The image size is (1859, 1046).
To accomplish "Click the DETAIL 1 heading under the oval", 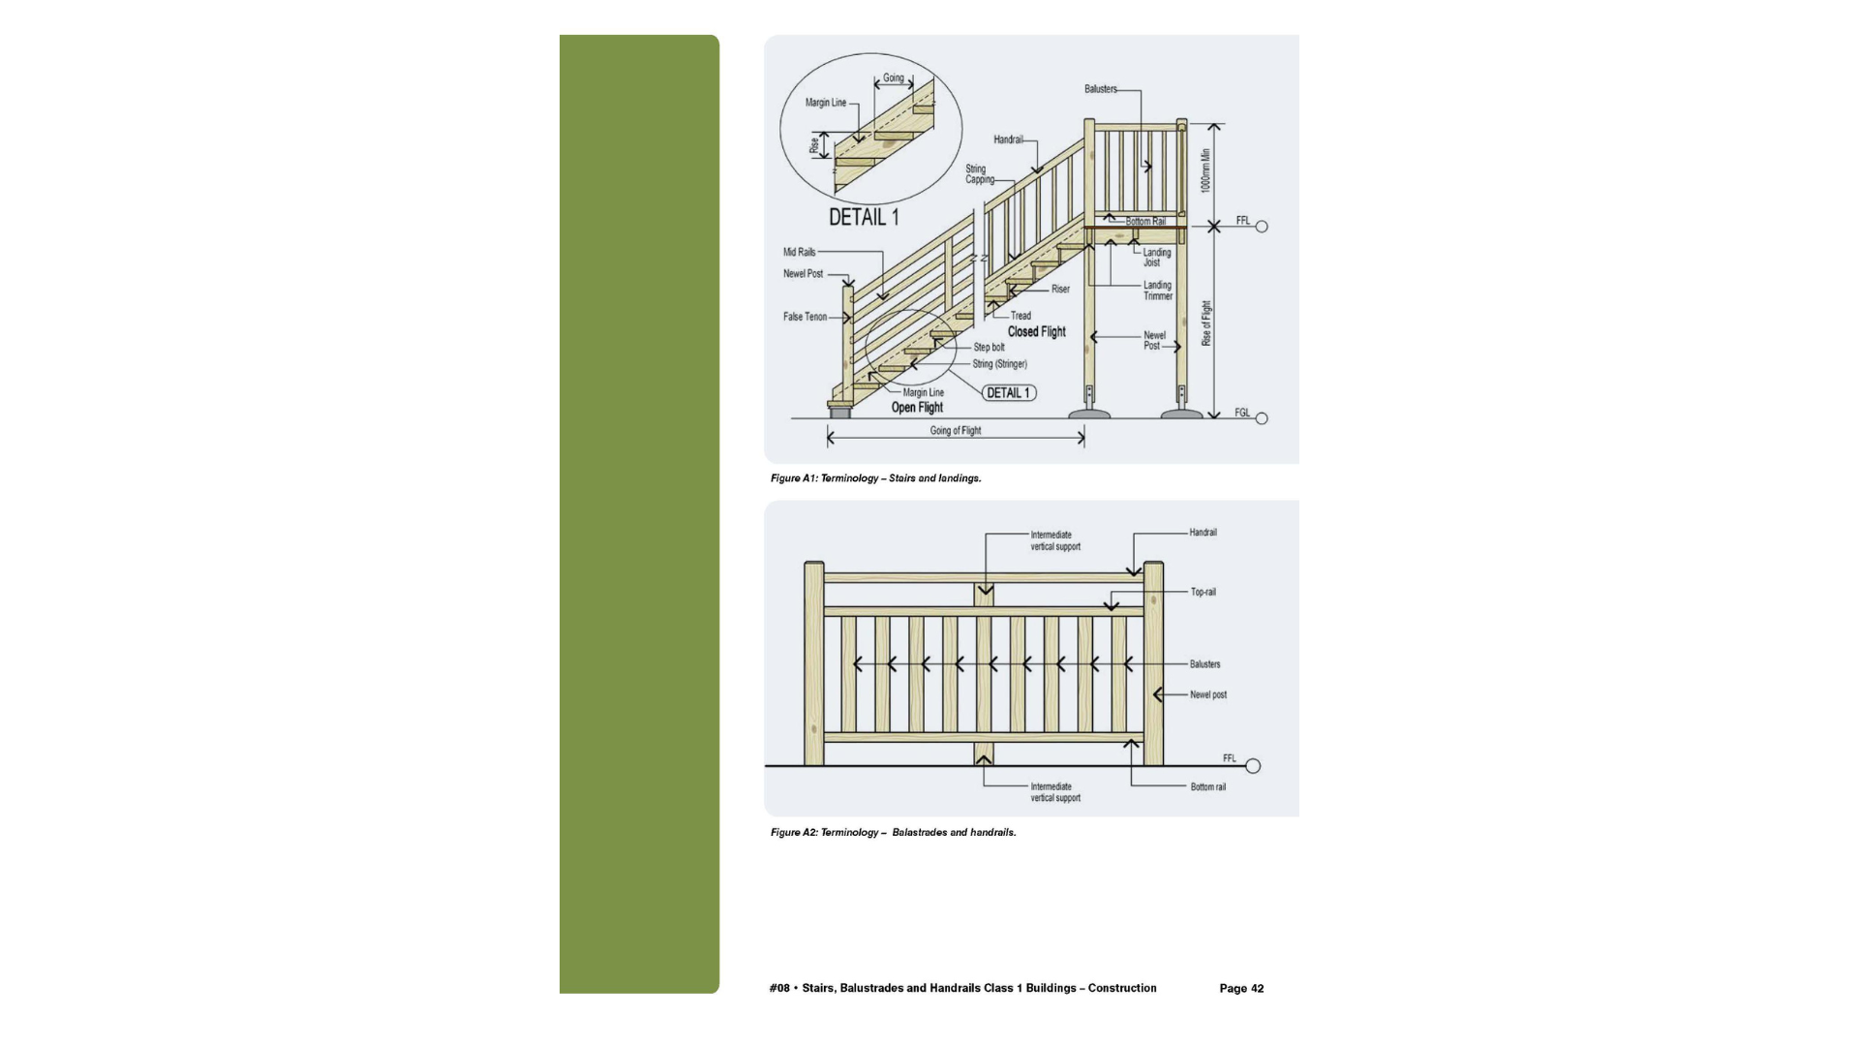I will [863, 217].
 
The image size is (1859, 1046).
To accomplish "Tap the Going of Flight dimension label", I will [956, 431].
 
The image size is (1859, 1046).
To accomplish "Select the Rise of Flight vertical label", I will [1206, 323].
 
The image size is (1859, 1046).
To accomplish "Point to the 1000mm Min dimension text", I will [1206, 170].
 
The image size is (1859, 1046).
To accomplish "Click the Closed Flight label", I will [1036, 331].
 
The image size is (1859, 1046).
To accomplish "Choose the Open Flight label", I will [917, 408].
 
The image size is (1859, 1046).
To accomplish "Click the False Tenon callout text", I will [805, 317].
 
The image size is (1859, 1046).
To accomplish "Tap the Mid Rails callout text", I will [799, 252].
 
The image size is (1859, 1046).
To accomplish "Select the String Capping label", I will [979, 174].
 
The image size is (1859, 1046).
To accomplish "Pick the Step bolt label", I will [989, 347].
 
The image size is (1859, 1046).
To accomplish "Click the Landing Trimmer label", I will [1157, 291].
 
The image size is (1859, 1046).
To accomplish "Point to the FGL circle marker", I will [1261, 418].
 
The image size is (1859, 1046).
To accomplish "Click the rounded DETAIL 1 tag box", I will [1009, 393].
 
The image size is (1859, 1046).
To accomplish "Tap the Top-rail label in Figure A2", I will [1203, 592].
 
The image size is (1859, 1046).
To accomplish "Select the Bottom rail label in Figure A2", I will [1207, 787].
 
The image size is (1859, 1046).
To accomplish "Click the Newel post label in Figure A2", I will [1207, 694].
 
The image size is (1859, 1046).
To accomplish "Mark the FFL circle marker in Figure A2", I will [1253, 766].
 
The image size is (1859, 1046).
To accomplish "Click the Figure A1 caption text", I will [875, 478].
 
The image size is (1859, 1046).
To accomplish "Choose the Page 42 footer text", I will [1241, 988].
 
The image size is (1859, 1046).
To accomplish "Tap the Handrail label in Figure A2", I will [1203, 533].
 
